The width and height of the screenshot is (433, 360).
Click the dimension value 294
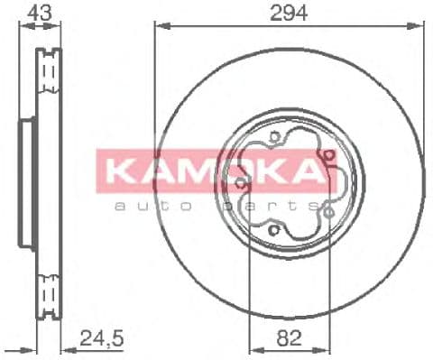click(287, 13)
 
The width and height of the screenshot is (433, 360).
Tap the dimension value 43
click(39, 13)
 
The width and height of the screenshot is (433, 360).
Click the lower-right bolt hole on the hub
click(329, 209)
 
